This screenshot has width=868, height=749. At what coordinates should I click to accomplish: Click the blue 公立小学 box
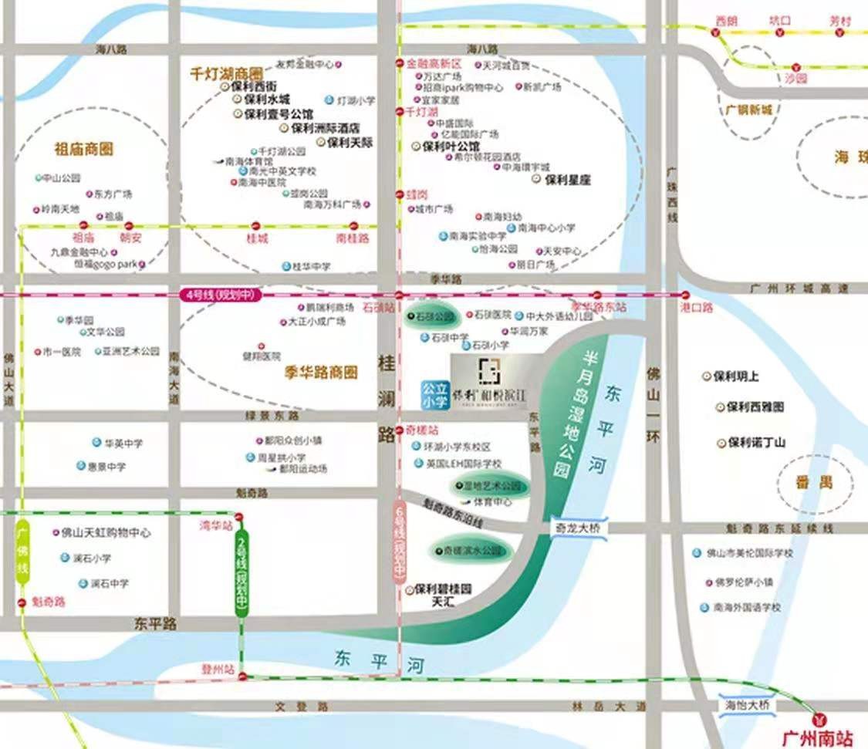pyautogui.click(x=434, y=393)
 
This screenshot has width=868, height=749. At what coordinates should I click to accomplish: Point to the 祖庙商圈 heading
pyautogui.click(x=84, y=149)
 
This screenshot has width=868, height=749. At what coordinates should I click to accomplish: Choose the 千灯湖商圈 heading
pyautogui.click(x=227, y=74)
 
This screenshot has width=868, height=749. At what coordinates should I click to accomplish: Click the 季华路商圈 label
pyautogui.click(x=321, y=373)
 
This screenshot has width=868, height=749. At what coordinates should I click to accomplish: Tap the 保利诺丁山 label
pyautogui.click(x=755, y=443)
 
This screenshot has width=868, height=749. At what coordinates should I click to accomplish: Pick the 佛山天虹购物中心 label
pyautogui.click(x=106, y=533)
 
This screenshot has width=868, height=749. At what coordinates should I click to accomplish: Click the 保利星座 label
pyautogui.click(x=567, y=179)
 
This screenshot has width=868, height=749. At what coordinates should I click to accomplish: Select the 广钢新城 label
pyautogui.click(x=748, y=110)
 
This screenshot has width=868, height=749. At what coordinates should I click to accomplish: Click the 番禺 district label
pyautogui.click(x=815, y=483)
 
